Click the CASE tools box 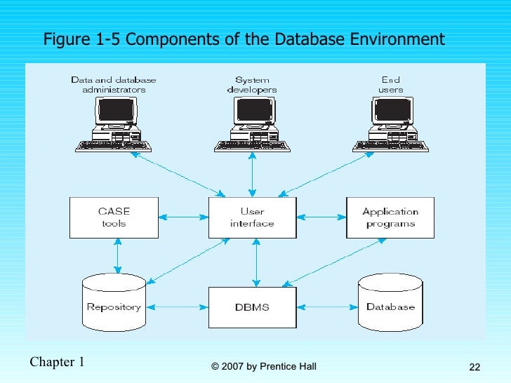pos(114,217)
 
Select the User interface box pos(252,217)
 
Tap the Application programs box pos(390,217)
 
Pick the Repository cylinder pos(114,304)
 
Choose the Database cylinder pos(390,304)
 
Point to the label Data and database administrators pos(113,85)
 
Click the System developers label pos(252,85)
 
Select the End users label pos(391,85)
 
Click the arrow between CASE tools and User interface pos(182,217)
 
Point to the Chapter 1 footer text pos(58,362)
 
